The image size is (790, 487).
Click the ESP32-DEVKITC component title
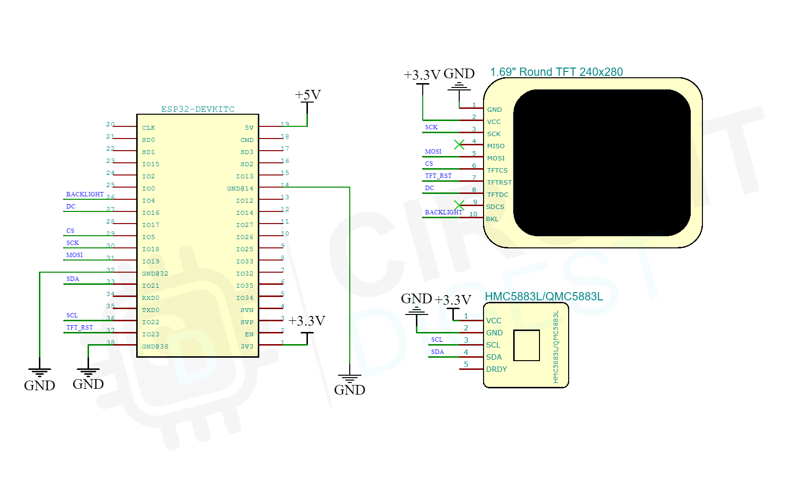(197, 109)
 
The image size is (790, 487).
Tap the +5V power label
(307, 95)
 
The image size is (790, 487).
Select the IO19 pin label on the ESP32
(150, 261)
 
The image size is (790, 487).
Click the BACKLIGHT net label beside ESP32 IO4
(85, 194)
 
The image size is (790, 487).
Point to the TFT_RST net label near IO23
(79, 328)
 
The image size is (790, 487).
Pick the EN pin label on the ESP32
(249, 334)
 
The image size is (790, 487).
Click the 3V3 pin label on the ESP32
(247, 347)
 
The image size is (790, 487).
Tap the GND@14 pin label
(240, 189)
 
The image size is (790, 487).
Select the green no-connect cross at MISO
(459, 144)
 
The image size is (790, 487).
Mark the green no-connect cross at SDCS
(459, 205)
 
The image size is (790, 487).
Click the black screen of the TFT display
(602, 163)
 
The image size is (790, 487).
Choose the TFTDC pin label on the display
(498, 195)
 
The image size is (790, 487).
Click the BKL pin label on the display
(492, 219)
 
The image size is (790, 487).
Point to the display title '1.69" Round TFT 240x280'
(556, 72)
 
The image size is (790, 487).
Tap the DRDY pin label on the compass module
(496, 369)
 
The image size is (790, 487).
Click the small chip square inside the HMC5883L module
(526, 346)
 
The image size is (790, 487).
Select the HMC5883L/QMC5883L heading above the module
(543, 296)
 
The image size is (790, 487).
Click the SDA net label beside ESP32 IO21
(72, 279)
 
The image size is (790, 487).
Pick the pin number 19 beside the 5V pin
(285, 124)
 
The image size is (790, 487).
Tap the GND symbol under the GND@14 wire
(349, 379)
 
